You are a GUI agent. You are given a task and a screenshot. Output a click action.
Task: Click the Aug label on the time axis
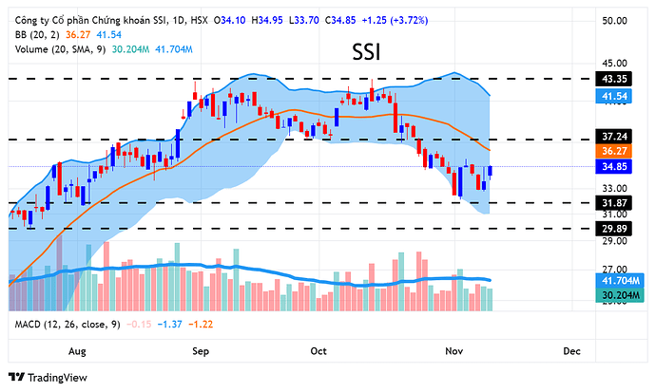click(x=78, y=351)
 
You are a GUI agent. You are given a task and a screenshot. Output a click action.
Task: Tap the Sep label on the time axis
click(x=201, y=351)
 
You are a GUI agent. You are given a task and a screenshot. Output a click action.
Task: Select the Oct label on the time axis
click(x=318, y=351)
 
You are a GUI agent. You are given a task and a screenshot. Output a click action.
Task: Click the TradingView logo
click(x=48, y=377)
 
